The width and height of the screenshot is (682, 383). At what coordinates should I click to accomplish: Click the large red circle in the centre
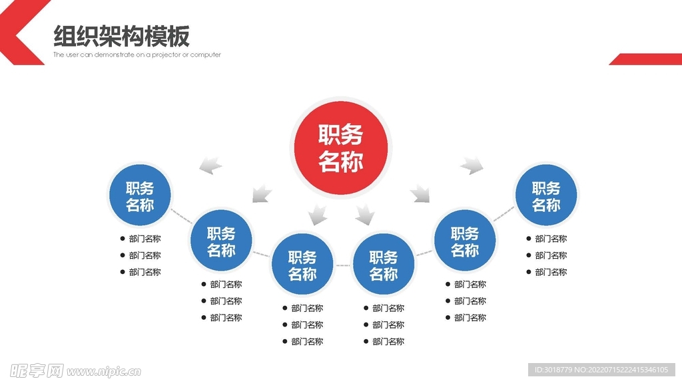tap(341, 148)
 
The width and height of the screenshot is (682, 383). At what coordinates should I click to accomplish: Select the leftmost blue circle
tap(140, 195)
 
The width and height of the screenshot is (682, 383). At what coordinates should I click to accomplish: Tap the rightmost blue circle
tap(546, 195)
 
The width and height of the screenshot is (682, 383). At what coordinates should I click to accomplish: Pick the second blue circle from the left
tap(221, 241)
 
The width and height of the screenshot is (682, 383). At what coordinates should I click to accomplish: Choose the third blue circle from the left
tap(302, 265)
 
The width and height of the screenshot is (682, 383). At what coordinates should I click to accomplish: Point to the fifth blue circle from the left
tap(465, 241)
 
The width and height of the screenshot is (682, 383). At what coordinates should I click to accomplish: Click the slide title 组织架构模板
tap(121, 35)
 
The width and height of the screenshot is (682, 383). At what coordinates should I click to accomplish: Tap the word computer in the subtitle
tap(206, 55)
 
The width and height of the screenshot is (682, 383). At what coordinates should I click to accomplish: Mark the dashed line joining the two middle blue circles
tap(343, 265)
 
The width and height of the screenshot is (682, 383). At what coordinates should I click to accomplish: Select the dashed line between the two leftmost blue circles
tap(180, 215)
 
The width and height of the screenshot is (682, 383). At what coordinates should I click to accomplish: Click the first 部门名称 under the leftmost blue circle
tap(145, 239)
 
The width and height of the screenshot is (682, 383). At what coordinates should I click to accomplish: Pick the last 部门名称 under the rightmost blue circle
tap(551, 272)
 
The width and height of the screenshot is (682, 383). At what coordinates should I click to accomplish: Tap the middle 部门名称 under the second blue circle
tap(226, 301)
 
